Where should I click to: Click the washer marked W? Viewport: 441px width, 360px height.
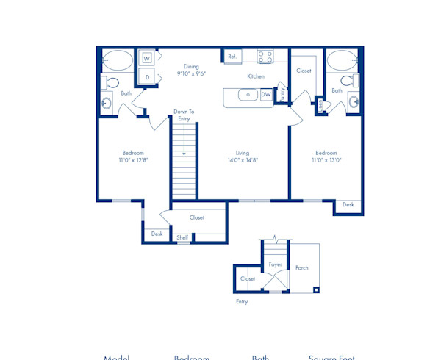pyautogui.click(x=147, y=57)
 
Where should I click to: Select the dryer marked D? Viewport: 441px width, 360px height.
pyautogui.click(x=147, y=76)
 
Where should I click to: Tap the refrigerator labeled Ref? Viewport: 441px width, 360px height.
pyautogui.click(x=232, y=56)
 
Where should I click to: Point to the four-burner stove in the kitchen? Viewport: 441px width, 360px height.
pyautogui.click(x=265, y=56)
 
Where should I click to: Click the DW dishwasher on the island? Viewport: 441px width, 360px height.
pyautogui.click(x=265, y=95)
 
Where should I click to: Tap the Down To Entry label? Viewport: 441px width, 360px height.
pyautogui.click(x=184, y=115)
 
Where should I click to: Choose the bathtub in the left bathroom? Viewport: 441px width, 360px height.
pyautogui.click(x=118, y=59)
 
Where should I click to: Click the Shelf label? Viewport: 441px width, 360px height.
pyautogui.click(x=182, y=237)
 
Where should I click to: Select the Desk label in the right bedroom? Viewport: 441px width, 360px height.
pyautogui.click(x=348, y=205)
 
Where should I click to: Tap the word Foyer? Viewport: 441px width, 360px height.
pyautogui.click(x=275, y=264)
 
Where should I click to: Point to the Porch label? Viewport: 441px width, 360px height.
pyautogui.click(x=302, y=268)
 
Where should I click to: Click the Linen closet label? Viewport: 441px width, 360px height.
pyautogui.click(x=320, y=107)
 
